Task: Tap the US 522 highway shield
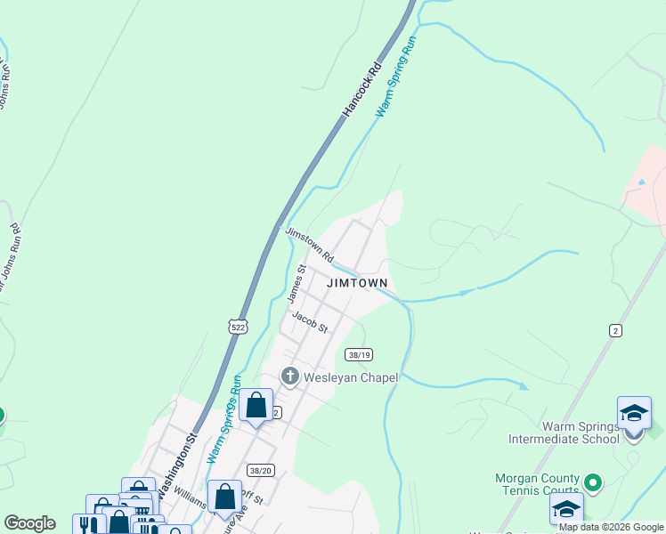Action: coord(237,328)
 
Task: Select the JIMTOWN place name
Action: coord(357,283)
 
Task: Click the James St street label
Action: coord(297,284)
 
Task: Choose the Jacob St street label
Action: coord(310,322)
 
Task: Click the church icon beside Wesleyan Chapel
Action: coord(289,377)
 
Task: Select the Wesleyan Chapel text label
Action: coord(351,377)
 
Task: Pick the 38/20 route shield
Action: coord(262,470)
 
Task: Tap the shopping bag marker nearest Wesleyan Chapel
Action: coord(256,406)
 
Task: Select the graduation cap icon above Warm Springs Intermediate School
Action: coord(634,415)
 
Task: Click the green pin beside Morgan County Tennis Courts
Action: coord(593,482)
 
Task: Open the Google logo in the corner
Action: coord(30,523)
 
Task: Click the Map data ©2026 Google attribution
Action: coord(611,528)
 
